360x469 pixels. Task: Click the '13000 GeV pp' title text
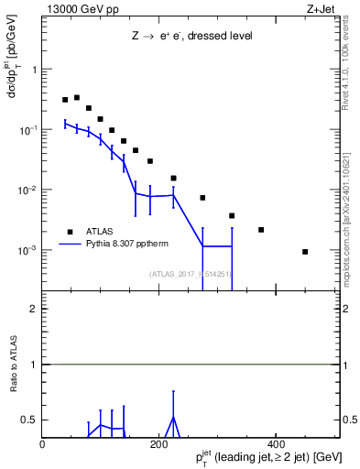tap(80, 8)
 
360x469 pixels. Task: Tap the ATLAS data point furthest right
tap(305, 251)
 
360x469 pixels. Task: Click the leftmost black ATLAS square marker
tap(65, 100)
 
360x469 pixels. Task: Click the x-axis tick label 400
tap(276, 444)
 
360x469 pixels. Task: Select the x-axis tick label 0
tap(43, 444)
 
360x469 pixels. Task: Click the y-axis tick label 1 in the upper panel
tap(34, 70)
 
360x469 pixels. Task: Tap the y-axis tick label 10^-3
tap(27, 250)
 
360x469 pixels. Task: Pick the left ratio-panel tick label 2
tap(33, 309)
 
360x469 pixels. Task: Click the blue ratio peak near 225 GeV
tap(173, 417)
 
